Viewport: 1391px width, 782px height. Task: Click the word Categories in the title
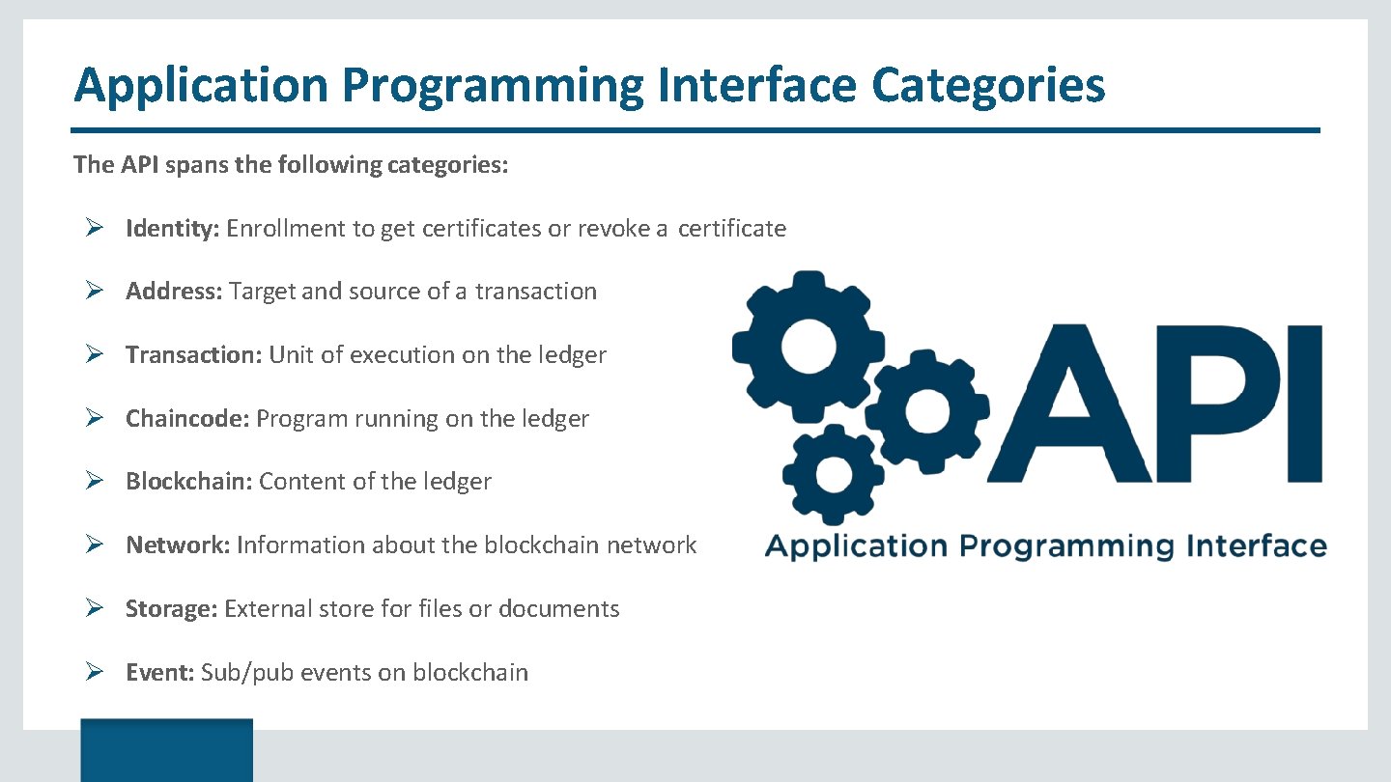point(987,85)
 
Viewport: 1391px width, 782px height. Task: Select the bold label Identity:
point(174,229)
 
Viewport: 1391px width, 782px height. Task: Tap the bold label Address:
point(175,292)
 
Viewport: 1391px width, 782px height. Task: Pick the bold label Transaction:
point(193,355)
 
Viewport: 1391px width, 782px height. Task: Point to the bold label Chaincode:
point(188,419)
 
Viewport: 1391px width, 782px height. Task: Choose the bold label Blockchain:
point(189,482)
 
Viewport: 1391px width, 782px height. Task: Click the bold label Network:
point(178,545)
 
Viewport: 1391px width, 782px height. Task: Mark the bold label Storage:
point(172,609)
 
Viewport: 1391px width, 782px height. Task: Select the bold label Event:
point(160,673)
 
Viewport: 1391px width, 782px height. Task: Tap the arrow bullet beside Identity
point(94,229)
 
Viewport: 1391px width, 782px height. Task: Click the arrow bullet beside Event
point(94,673)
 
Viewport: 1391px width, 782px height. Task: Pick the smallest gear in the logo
point(833,474)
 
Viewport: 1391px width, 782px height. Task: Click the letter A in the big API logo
point(1074,404)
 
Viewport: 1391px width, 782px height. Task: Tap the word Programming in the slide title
point(492,85)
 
